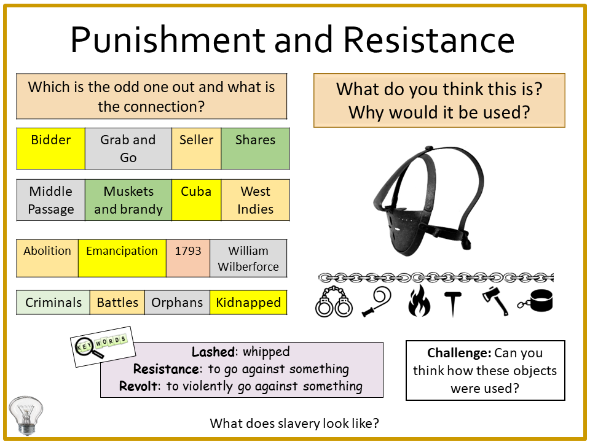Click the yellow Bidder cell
point(51,149)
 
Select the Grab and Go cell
point(128,149)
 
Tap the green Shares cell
point(255,149)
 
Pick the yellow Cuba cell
point(197,200)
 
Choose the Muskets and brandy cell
point(128,200)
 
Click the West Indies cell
point(255,200)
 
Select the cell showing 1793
point(188,258)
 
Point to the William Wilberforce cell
point(248,258)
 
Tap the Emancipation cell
point(122,258)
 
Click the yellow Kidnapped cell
point(248,302)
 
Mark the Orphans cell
point(177,302)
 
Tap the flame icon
point(419,301)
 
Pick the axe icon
point(495,301)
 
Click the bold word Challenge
point(459,353)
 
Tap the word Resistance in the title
point(429,39)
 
